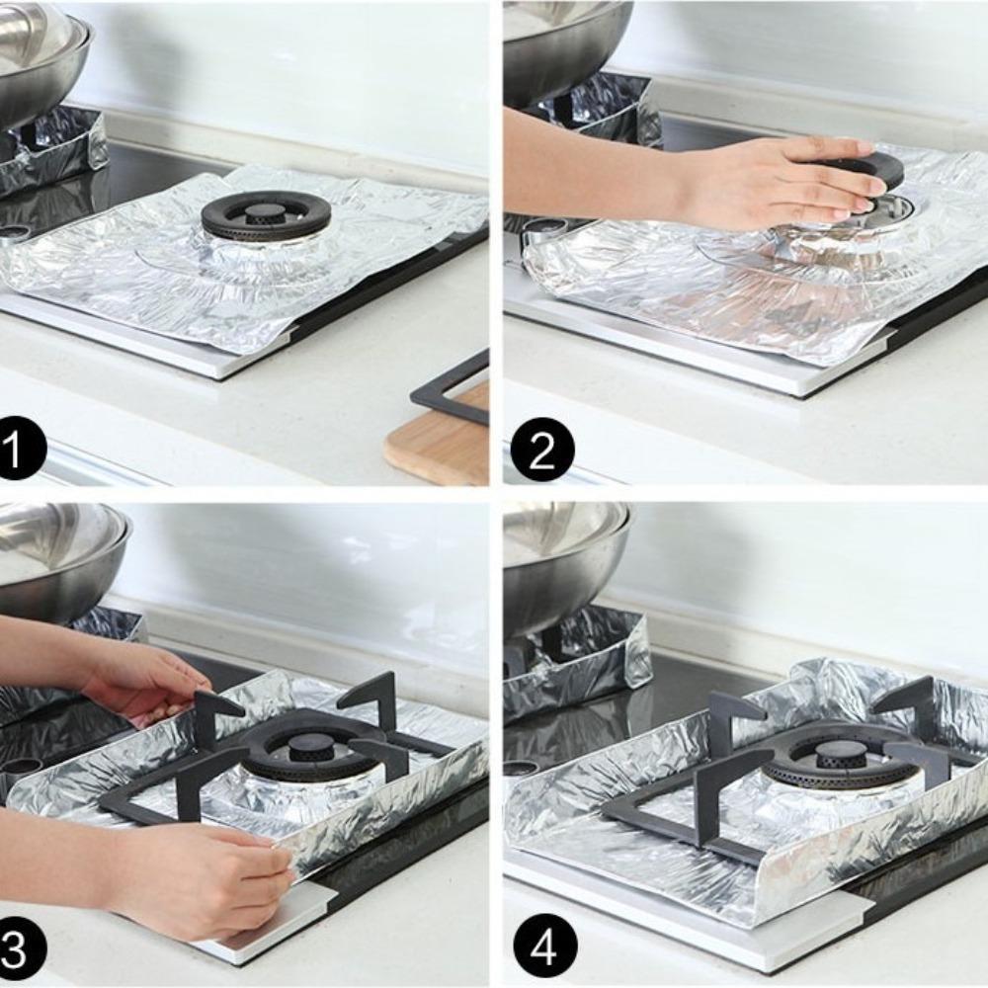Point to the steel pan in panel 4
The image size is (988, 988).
pos(563,563)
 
